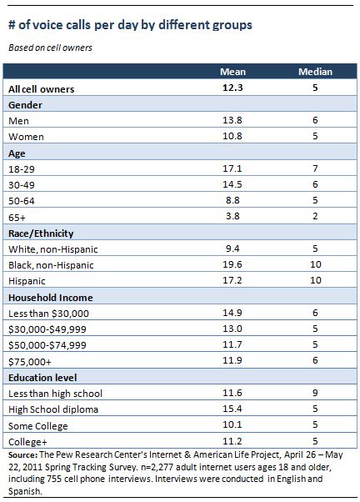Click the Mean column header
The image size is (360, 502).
(x=232, y=72)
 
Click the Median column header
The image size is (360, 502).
(x=315, y=72)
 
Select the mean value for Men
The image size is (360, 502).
(x=232, y=120)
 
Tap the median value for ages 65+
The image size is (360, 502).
(x=315, y=216)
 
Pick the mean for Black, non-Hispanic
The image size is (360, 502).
(x=232, y=264)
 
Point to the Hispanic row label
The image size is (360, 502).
(x=27, y=281)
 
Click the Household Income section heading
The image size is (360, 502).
(x=51, y=298)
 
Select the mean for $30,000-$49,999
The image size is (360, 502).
(x=232, y=329)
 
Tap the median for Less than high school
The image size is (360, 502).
(x=315, y=393)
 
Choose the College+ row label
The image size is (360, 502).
(x=27, y=442)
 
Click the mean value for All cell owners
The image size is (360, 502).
(x=232, y=88)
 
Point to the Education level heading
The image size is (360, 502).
(x=42, y=378)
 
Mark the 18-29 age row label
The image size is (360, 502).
(x=22, y=169)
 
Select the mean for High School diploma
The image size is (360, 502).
(x=232, y=409)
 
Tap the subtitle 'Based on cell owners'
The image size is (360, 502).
(x=50, y=48)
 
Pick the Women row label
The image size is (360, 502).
(x=26, y=137)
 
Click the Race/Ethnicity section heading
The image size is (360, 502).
(x=41, y=233)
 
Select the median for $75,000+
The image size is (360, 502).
(x=315, y=360)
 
